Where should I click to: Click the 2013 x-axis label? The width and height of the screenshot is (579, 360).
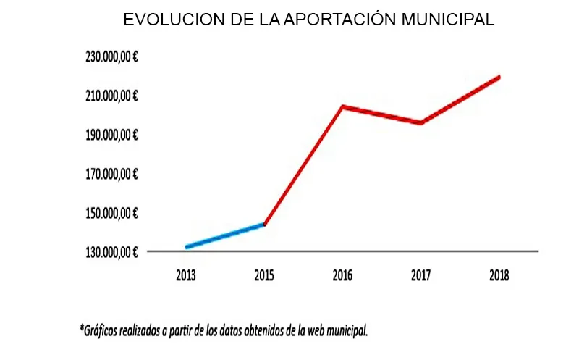point(187,275)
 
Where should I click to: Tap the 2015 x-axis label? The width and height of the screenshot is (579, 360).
point(265,275)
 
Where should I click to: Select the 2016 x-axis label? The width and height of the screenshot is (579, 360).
point(342,275)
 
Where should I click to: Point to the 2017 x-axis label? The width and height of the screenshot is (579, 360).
point(420,275)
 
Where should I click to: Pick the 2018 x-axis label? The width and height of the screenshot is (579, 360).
point(499,275)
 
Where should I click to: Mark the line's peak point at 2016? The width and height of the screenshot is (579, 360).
point(342,107)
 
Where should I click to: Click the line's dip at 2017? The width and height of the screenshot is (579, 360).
point(420,123)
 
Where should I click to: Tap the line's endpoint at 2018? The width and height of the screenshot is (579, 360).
point(499,77)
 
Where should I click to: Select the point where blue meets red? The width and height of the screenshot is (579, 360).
point(265,225)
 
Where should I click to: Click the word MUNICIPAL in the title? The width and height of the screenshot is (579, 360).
point(443,20)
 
